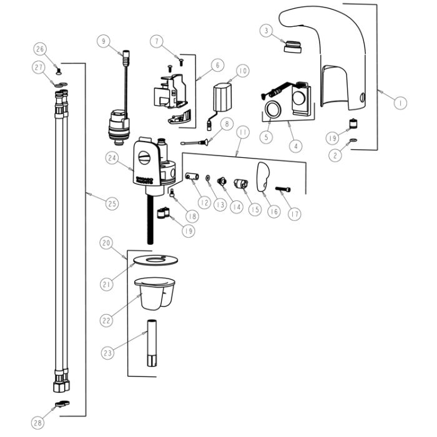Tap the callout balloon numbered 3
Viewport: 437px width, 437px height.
[266, 30]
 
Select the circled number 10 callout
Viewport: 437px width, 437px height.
[242, 71]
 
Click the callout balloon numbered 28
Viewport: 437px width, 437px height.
[39, 423]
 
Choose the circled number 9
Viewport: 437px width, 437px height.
[103, 41]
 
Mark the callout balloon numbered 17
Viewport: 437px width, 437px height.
[294, 214]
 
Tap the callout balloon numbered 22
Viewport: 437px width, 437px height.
[107, 320]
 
